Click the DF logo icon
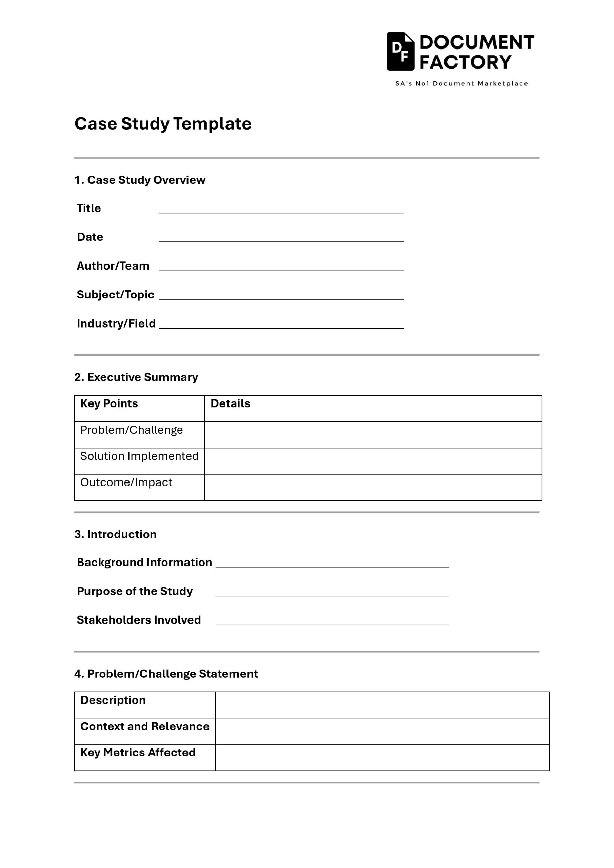[x=400, y=52]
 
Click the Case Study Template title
[x=163, y=124]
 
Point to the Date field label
[x=90, y=237]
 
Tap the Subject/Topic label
[x=115, y=295]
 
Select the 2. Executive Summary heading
[x=136, y=377]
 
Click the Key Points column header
[x=109, y=404]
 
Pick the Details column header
[x=230, y=404]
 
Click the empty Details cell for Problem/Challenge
[x=373, y=435]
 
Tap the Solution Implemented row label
[x=139, y=456]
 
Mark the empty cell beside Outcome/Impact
[x=373, y=487]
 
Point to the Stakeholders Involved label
[x=139, y=620]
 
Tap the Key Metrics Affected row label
[x=138, y=753]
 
